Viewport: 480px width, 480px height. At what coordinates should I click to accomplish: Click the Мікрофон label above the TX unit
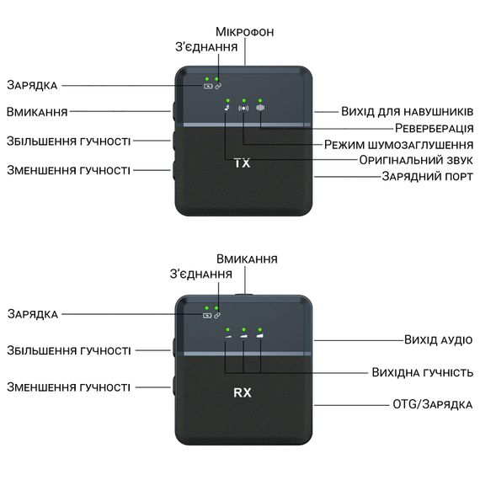pos(244,32)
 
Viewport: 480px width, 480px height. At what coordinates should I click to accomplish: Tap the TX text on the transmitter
pos(243,163)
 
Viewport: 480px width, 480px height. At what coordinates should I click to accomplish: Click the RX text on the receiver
pos(243,392)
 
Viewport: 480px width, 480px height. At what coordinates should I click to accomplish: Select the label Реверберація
pos(434,128)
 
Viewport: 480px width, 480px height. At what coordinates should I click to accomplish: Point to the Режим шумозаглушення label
pos(398,145)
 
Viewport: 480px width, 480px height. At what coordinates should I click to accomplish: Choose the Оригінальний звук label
pos(416,160)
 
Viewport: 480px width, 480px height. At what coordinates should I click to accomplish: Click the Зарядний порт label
pos(427,176)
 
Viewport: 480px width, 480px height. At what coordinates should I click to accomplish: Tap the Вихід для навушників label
pos(407,111)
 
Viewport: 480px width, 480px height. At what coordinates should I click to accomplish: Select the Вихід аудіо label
pos(439,340)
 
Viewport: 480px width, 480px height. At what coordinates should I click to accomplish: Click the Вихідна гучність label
pos(423,372)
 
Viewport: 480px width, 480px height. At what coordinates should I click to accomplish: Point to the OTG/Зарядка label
pos(433,404)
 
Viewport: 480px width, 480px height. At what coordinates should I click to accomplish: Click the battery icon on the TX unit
pos(208,87)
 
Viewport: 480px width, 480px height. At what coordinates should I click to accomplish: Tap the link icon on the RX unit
pos(217,315)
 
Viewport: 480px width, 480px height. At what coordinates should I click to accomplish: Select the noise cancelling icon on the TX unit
pos(243,108)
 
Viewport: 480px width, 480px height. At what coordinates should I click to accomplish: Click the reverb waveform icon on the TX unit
pos(260,108)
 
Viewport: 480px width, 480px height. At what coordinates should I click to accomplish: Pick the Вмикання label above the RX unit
pos(247,259)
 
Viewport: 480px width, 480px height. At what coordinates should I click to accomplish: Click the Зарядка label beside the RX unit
pos(33,314)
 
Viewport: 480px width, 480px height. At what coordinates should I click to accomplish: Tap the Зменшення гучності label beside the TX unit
pos(68,170)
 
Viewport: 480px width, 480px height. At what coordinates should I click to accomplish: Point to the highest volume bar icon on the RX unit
pos(260,336)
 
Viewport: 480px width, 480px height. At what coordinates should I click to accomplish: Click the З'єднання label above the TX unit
pos(206,47)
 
